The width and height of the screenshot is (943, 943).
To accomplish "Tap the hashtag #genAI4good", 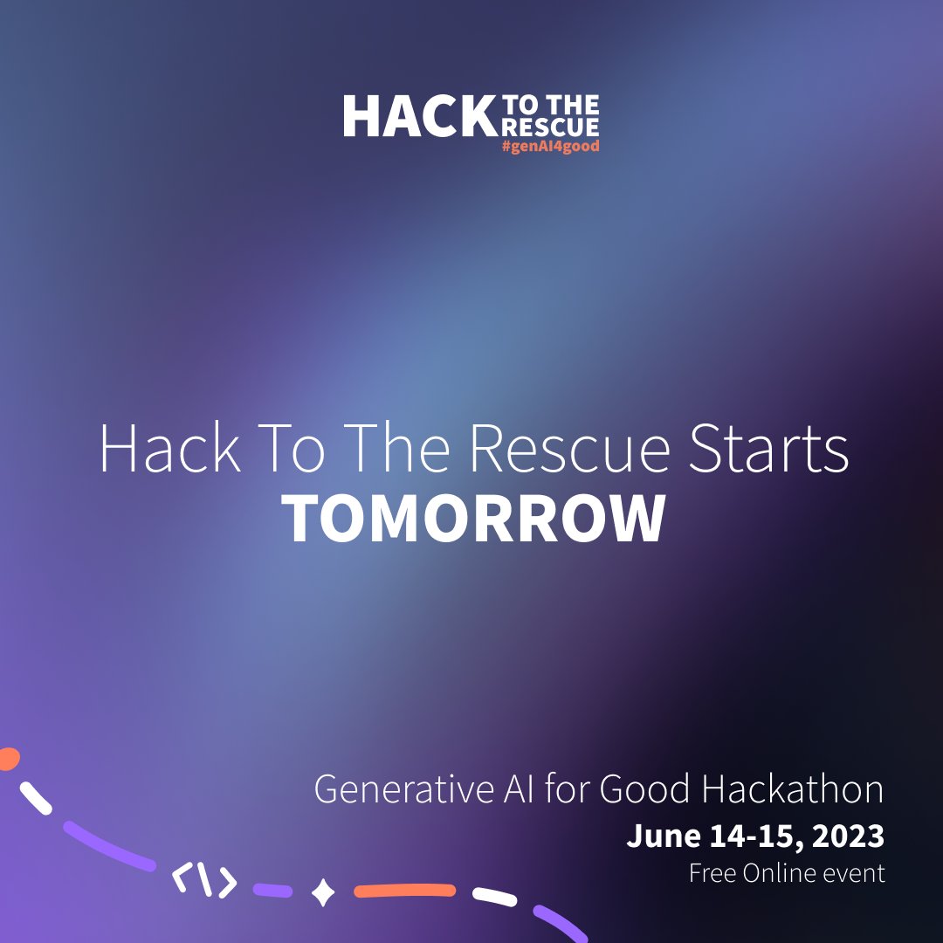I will coord(550,147).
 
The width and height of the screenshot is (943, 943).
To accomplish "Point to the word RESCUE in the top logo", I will coord(549,127).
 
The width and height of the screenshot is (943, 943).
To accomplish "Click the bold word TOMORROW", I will coord(475,519).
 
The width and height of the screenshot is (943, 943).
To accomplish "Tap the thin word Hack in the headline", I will coord(169,449).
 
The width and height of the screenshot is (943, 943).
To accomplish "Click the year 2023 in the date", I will coord(848,836).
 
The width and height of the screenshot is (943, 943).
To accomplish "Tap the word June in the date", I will coord(657,836).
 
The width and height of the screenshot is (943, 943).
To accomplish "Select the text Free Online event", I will coord(787,872).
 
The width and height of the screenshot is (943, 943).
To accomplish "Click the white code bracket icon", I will coord(204,882).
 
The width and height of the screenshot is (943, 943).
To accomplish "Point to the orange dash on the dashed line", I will coord(404,891).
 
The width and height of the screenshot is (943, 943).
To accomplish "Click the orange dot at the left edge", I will coord(7,758).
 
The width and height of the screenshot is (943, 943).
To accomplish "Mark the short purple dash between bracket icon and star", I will coord(272,891).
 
